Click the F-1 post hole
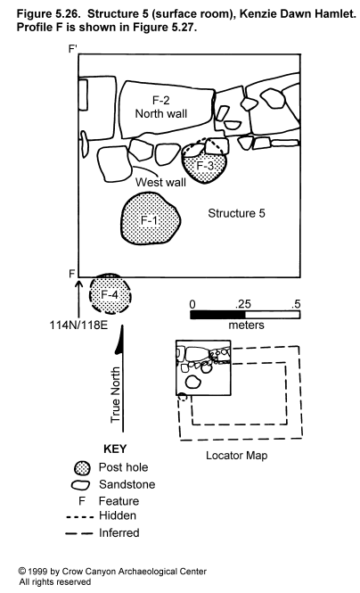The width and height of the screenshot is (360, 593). pyautogui.click(x=151, y=218)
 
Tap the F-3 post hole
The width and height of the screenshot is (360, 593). pyautogui.click(x=205, y=164)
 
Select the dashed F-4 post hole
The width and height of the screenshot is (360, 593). pyautogui.click(x=110, y=293)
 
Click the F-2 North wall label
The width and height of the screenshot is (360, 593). pyautogui.click(x=161, y=107)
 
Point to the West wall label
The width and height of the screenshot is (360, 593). pyautogui.click(x=160, y=182)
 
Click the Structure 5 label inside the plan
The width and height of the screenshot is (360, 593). pyautogui.click(x=236, y=213)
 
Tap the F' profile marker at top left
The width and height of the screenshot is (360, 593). pyautogui.click(x=72, y=49)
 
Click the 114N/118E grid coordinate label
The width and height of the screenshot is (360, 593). pyautogui.click(x=78, y=325)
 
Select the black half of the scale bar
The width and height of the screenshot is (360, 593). pyautogui.click(x=217, y=315)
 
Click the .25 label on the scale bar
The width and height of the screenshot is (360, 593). pyautogui.click(x=242, y=304)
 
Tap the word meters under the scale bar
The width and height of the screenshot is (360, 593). pyautogui.click(x=246, y=325)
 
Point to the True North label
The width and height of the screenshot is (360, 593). pyautogui.click(x=116, y=395)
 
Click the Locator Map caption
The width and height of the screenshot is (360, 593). pyautogui.click(x=236, y=456)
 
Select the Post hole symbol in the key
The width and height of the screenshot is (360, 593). pyautogui.click(x=82, y=468)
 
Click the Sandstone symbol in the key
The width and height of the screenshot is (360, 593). pyautogui.click(x=80, y=485)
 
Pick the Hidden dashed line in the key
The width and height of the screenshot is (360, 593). pyautogui.click(x=79, y=516)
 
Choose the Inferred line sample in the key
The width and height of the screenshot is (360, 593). pyautogui.click(x=79, y=533)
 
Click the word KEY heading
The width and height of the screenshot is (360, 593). pyautogui.click(x=115, y=449)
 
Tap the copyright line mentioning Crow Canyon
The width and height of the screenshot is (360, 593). pyautogui.click(x=112, y=571)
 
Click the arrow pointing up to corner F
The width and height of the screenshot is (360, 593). pyautogui.click(x=79, y=299)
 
